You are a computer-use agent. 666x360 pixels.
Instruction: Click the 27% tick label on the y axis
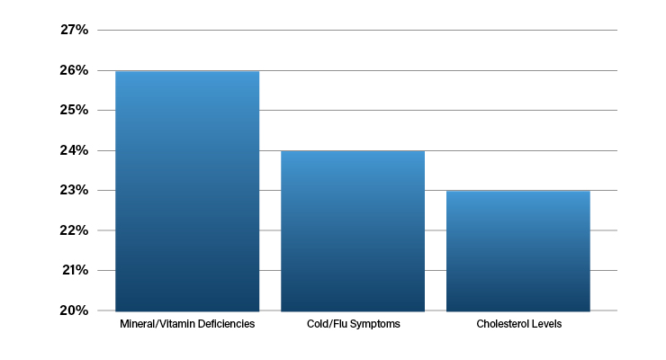pos(75,30)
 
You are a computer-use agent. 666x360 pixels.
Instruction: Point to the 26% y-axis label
pos(75,70)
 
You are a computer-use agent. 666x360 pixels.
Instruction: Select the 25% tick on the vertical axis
pos(75,110)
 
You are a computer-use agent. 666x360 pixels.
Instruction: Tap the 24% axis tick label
pos(75,150)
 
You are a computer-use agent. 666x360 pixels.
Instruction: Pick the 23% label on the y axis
pos(75,190)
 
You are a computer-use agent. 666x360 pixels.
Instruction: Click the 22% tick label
pos(75,230)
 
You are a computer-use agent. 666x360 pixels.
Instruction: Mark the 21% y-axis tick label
pos(76,270)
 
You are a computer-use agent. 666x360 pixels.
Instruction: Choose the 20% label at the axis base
pos(75,310)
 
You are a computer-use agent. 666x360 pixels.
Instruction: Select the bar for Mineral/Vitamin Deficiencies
pos(187,191)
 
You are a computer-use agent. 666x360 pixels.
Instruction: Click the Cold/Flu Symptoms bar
pos(353,231)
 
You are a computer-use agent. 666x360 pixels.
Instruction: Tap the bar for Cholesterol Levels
pos(518,251)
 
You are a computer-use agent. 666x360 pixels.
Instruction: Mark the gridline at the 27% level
pos(357,30)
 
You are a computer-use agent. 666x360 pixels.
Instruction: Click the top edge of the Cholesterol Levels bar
pos(518,192)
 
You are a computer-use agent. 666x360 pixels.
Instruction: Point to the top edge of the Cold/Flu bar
pos(353,151)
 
